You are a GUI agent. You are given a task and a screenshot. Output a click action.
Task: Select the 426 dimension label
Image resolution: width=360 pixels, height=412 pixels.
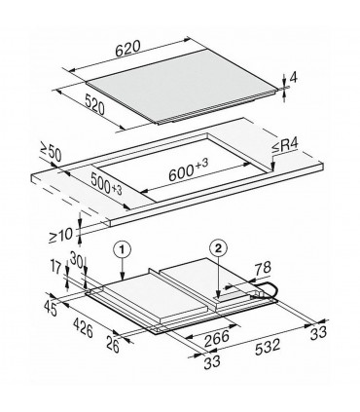(x=82, y=332)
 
